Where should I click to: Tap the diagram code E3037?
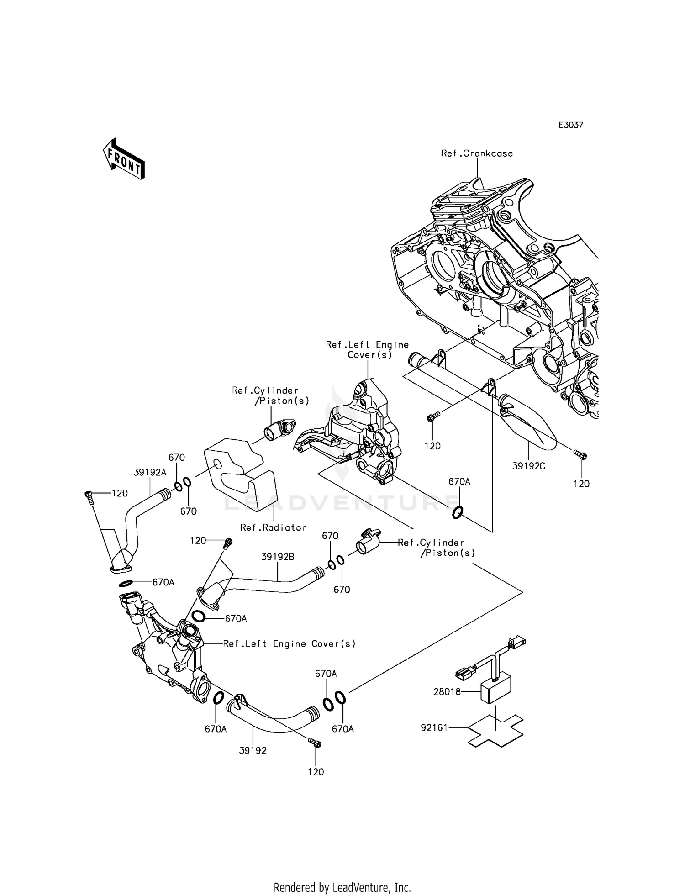[571, 125]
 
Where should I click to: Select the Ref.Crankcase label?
[476, 153]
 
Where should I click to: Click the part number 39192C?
[529, 466]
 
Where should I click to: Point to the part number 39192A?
[150, 473]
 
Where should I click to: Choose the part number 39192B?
[278, 557]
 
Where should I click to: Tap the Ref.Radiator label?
[273, 527]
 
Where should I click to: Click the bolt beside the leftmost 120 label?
[89, 496]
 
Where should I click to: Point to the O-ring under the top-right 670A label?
[458, 513]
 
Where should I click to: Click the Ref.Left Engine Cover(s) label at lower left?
[289, 643]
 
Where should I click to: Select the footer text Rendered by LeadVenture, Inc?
[342, 888]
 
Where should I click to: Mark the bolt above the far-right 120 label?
[580, 454]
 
